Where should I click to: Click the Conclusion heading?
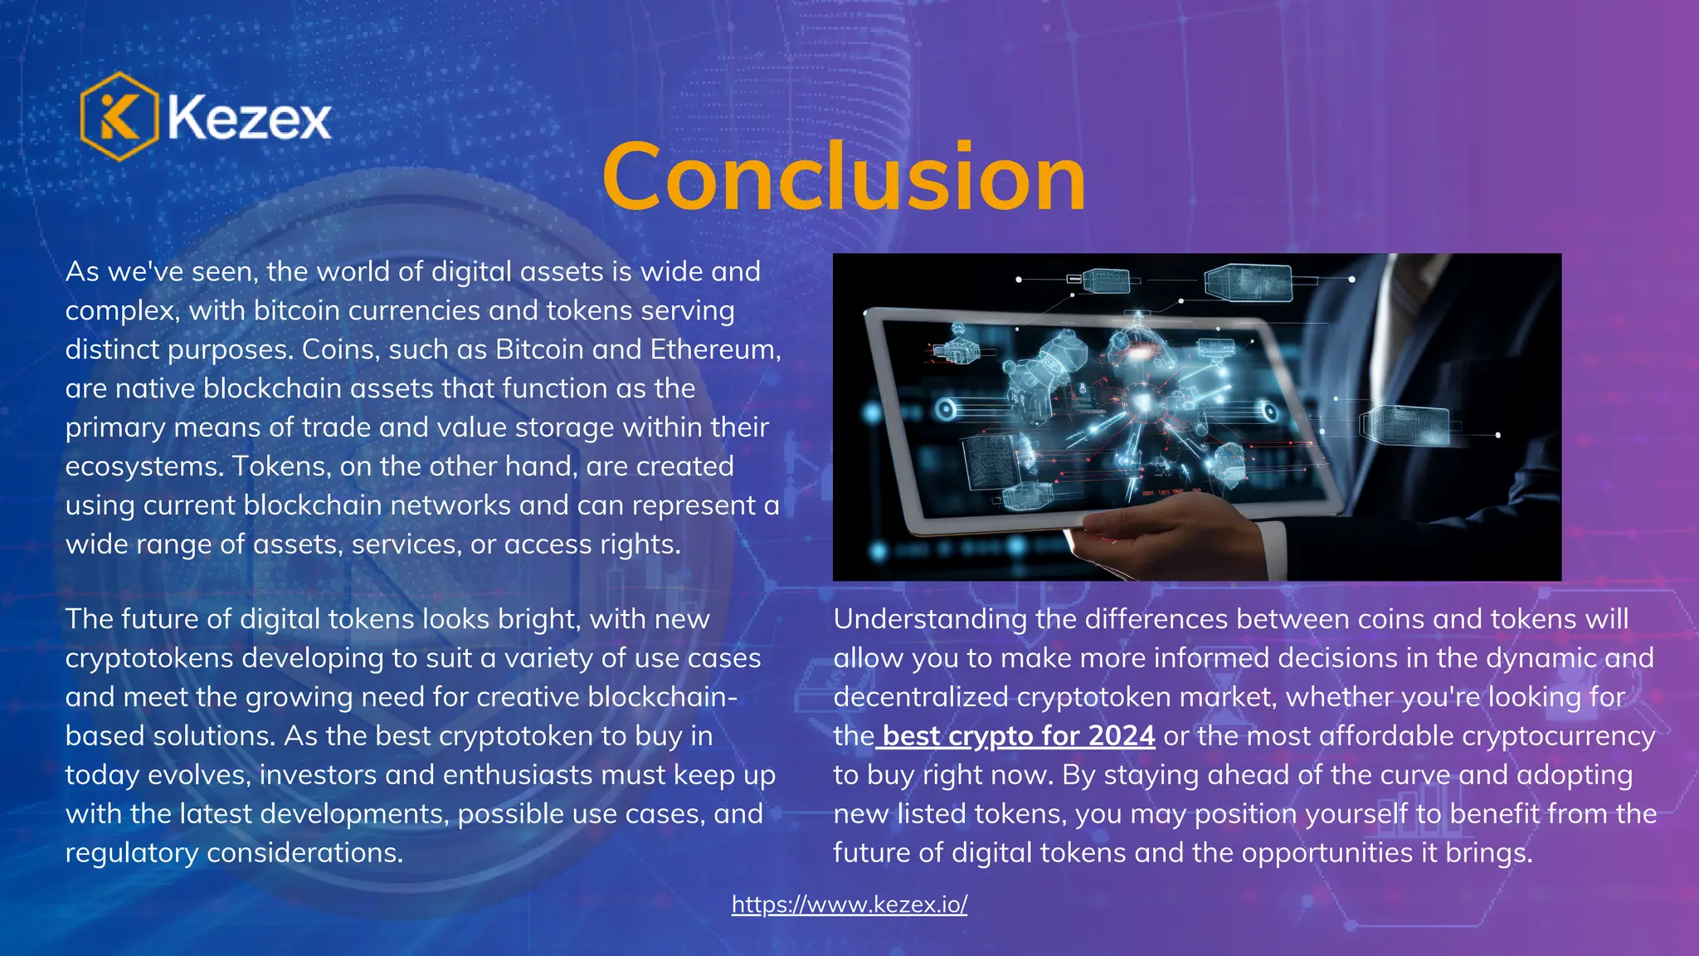pos(844,177)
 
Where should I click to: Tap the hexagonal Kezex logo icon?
pos(119,116)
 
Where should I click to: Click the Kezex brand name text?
pos(249,118)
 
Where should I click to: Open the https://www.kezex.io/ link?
pos(849,904)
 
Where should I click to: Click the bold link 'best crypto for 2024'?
pos(1018,736)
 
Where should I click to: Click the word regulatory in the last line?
pos(131,853)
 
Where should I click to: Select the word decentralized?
pos(921,697)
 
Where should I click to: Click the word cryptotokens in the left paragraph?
pos(149,658)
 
